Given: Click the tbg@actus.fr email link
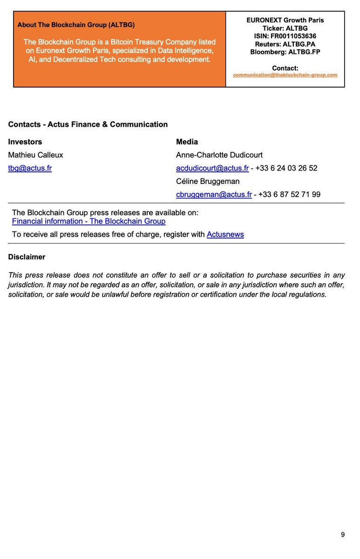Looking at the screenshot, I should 30,168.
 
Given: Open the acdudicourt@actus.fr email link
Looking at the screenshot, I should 212,168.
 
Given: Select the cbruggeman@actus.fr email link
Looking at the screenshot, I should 214,194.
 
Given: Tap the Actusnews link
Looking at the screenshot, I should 225,234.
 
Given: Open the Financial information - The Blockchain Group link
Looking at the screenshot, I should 88,221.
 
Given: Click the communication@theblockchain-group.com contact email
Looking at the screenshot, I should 285,75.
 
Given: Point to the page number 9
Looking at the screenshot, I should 343,535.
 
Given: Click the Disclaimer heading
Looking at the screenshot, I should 27,257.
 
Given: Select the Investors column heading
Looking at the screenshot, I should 25,142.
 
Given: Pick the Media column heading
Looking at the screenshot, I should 187,142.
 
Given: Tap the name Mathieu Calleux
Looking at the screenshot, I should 35,155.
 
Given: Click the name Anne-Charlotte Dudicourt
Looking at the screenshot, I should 219,155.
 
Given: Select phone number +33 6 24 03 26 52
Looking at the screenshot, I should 286,168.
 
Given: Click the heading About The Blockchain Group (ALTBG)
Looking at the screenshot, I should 76,25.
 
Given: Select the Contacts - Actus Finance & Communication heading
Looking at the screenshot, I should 88,124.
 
